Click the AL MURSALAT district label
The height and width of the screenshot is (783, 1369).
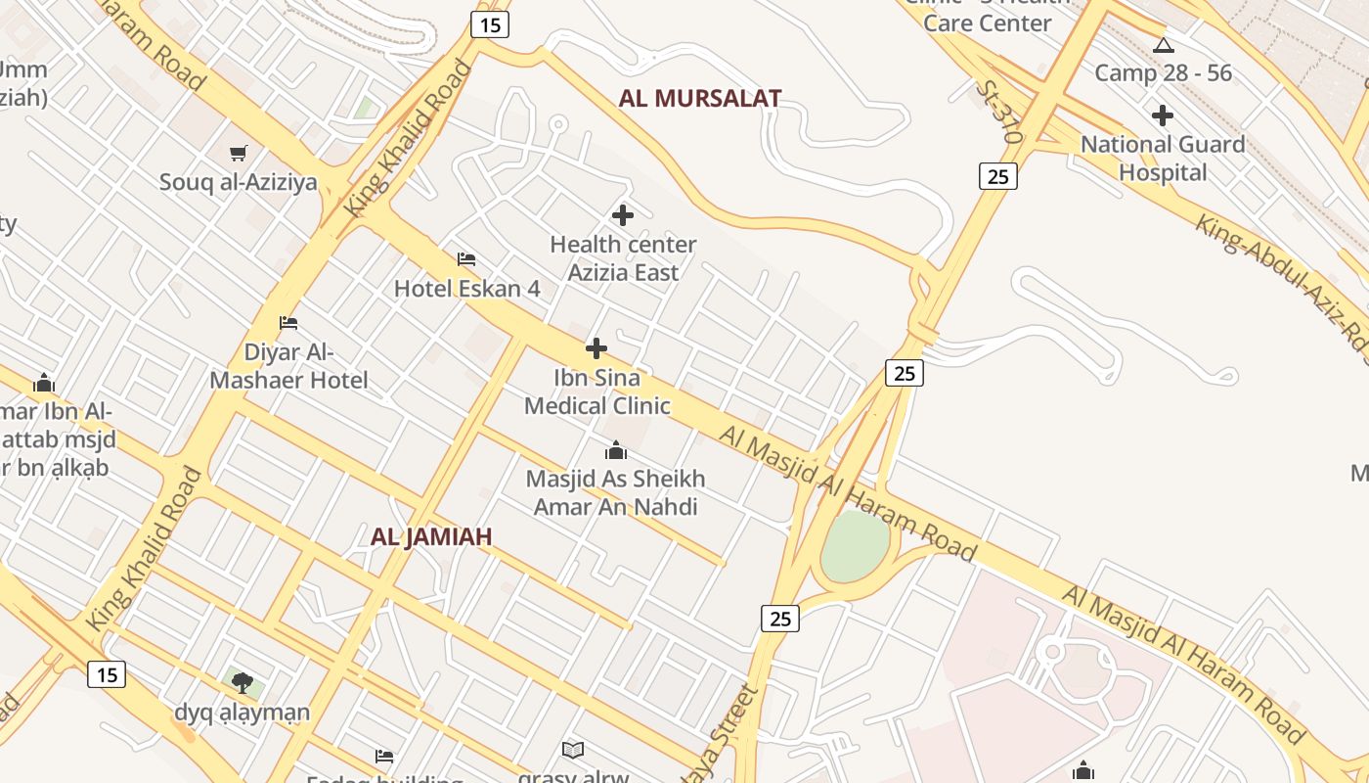click(x=700, y=99)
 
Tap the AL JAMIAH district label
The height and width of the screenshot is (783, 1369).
click(x=431, y=536)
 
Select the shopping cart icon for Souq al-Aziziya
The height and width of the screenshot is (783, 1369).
click(x=239, y=153)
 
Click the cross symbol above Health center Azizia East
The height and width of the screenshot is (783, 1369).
click(x=623, y=215)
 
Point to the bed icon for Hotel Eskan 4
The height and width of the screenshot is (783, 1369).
click(x=466, y=259)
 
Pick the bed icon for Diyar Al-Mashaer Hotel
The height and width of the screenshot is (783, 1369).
click(x=287, y=322)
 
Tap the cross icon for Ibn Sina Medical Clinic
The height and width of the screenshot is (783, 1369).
click(x=596, y=348)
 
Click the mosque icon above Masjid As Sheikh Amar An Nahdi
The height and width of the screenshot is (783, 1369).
click(x=615, y=450)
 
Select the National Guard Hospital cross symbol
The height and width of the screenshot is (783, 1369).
click(x=1162, y=115)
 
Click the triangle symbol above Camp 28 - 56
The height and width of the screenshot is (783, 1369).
click(x=1163, y=45)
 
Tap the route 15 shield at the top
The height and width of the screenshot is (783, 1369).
click(x=490, y=24)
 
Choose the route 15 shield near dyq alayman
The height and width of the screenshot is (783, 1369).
click(x=107, y=674)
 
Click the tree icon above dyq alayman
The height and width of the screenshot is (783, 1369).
click(x=243, y=682)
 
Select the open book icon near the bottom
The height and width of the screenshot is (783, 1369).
click(x=573, y=750)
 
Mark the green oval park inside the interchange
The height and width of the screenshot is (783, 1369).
click(x=855, y=546)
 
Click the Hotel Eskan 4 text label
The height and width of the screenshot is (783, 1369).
click(x=466, y=289)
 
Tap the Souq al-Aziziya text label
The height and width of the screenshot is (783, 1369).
click(x=239, y=182)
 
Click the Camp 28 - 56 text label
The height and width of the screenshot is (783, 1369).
click(x=1163, y=73)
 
